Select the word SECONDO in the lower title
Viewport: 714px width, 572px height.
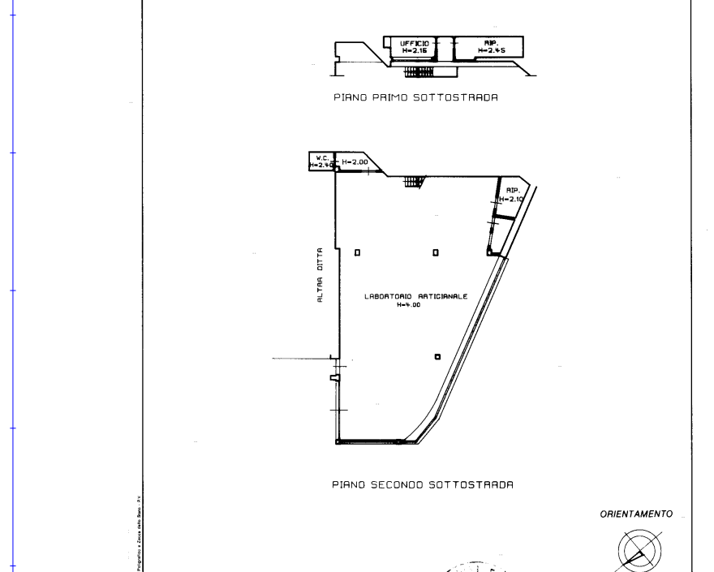(x=398, y=485)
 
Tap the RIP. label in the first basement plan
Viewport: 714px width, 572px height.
(x=491, y=43)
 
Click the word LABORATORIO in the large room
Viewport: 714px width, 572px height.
(x=389, y=297)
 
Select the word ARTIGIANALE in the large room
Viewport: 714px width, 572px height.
(x=441, y=297)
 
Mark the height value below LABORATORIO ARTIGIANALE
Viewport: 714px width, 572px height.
(x=408, y=306)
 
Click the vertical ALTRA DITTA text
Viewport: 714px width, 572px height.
(x=321, y=276)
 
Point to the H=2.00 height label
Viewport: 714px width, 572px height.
(x=355, y=163)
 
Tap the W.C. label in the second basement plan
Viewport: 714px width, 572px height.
(x=321, y=157)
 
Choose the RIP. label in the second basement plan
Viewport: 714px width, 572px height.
(x=513, y=191)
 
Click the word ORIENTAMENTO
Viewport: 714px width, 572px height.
(x=636, y=514)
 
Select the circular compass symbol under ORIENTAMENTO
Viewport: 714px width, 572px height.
(x=639, y=550)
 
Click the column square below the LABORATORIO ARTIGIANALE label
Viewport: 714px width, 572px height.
(x=437, y=357)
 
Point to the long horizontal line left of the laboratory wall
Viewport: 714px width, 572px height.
(x=300, y=358)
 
